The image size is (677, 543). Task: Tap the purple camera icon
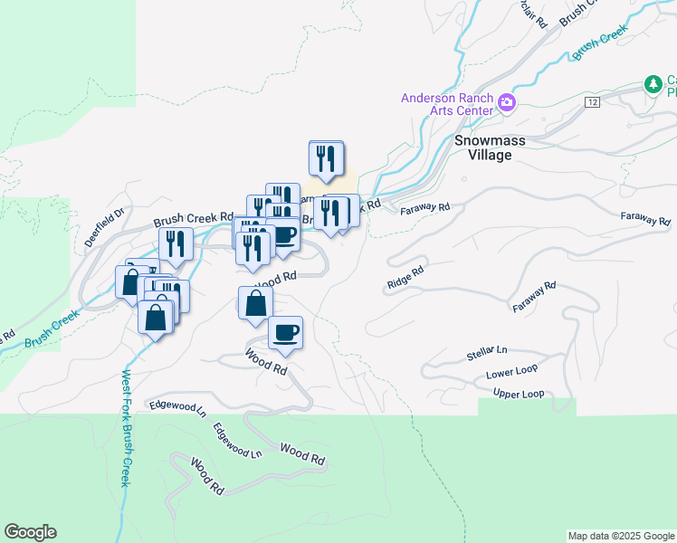507,102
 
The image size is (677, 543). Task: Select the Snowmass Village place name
483,148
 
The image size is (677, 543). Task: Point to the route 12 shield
593,101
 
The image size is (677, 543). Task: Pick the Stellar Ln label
487,350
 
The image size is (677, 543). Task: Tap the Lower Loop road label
511,372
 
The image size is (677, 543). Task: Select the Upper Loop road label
519,394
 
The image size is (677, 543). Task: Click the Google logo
30,532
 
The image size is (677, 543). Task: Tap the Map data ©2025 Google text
620,536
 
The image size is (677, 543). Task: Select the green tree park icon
653,84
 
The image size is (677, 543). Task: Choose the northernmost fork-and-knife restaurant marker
326,158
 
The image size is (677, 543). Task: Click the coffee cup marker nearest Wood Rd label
286,332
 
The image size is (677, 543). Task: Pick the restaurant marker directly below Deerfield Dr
176,243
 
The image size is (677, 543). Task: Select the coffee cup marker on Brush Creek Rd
284,235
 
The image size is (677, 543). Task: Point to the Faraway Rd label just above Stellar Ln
534,297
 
